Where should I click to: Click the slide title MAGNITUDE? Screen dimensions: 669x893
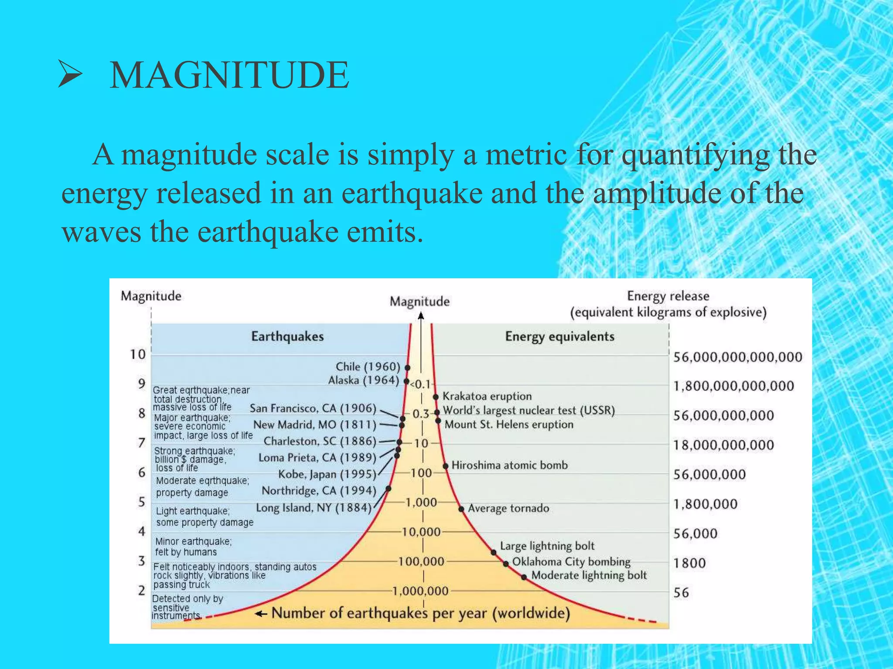pyautogui.click(x=229, y=75)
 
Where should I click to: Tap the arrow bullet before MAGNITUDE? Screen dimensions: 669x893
pyautogui.click(x=70, y=74)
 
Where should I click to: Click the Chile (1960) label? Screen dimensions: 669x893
pyautogui.click(x=368, y=367)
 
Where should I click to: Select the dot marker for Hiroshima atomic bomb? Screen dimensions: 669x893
pyautogui.click(x=446, y=466)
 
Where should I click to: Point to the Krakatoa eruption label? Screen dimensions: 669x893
pyautogui.click(x=487, y=396)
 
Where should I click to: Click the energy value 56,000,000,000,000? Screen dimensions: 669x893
pyautogui.click(x=737, y=357)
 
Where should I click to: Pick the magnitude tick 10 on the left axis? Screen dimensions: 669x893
pyautogui.click(x=138, y=355)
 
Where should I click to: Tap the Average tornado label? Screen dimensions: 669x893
pyautogui.click(x=508, y=508)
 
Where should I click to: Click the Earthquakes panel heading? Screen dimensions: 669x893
pyautogui.click(x=287, y=336)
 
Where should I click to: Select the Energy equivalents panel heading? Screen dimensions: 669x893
pyautogui.click(x=559, y=336)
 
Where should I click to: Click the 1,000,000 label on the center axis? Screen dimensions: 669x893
pyautogui.click(x=420, y=591)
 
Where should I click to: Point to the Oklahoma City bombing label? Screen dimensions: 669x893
pyautogui.click(x=571, y=562)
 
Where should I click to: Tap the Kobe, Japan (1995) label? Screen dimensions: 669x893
pyautogui.click(x=327, y=474)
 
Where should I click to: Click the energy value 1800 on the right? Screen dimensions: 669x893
pyautogui.click(x=689, y=563)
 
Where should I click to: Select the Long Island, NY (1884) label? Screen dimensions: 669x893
pyautogui.click(x=314, y=508)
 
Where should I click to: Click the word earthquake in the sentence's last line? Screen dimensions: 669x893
pyautogui.click(x=268, y=232)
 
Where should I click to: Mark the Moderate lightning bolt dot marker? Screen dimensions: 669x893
pyautogui.click(x=524, y=578)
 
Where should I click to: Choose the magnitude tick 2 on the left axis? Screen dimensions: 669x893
pyautogui.click(x=142, y=591)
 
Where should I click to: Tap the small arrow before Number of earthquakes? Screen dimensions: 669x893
pyautogui.click(x=261, y=614)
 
